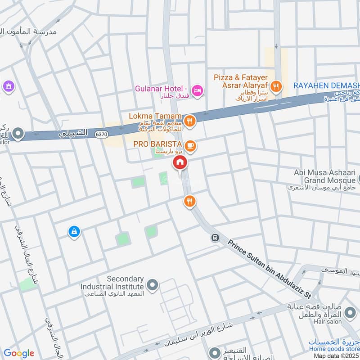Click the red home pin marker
[180, 163]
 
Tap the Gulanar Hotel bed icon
[198, 92]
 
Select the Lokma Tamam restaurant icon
[190, 120]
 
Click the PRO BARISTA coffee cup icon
[190, 145]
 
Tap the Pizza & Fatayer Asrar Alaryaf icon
[276, 85]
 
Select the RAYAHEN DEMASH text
[327, 85]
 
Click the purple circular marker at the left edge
[8, 85]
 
